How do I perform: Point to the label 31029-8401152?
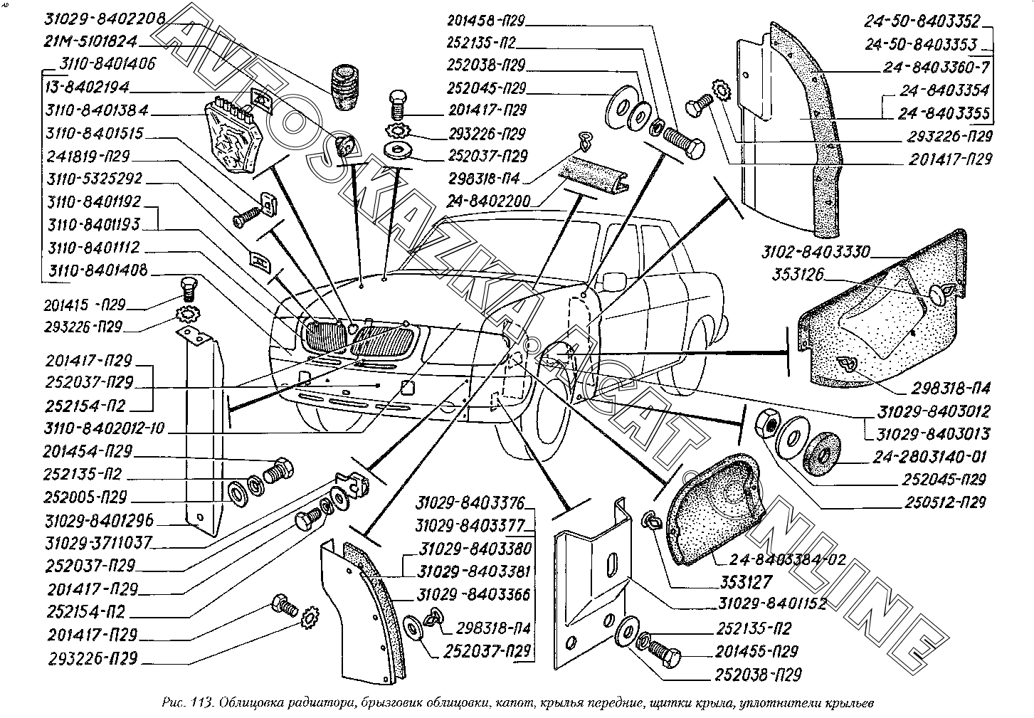771,604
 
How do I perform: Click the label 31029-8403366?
475,595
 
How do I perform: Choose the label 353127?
745,582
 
